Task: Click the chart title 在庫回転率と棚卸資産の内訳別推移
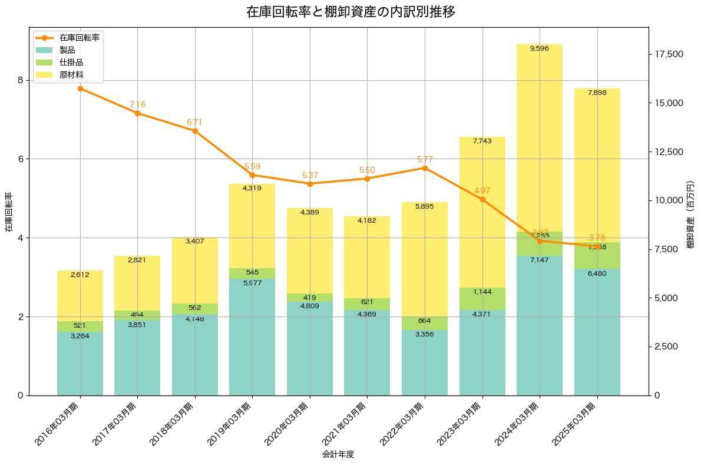tap(350, 12)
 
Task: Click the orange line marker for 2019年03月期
tap(252, 175)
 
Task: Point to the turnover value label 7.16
tap(137, 105)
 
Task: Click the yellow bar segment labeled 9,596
tap(540, 138)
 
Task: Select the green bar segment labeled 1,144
tap(482, 299)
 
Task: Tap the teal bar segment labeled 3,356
tap(425, 362)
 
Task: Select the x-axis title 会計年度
tap(338, 454)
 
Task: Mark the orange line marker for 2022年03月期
tap(425, 168)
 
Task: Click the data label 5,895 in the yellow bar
tap(425, 206)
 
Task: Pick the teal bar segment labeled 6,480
tap(597, 332)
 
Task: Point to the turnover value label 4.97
tap(482, 191)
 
